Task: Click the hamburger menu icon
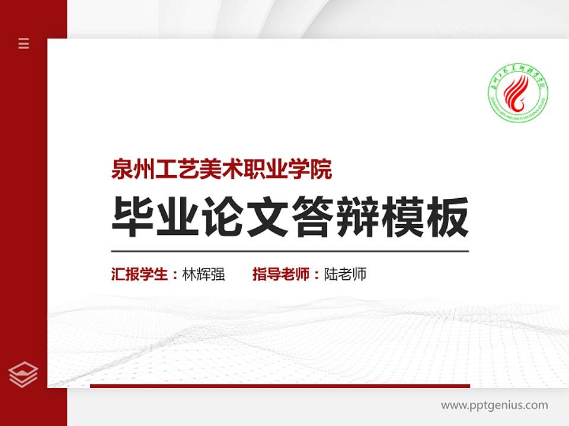[24, 43]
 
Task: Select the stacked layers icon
[24, 374]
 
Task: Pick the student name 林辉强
[203, 275]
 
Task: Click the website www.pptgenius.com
[494, 405]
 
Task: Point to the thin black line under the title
[290, 251]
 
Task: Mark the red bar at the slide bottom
[280, 386]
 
